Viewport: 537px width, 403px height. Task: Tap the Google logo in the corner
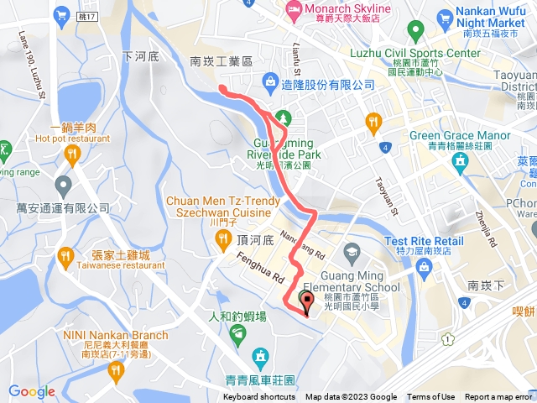tap(31, 391)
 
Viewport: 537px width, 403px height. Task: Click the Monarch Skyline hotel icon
tap(294, 10)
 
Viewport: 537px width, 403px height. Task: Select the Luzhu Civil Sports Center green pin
tap(414, 32)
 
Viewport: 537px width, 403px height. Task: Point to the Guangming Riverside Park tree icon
tap(284, 117)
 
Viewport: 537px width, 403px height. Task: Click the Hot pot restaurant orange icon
tap(71, 154)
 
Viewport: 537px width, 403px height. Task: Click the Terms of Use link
tap(430, 397)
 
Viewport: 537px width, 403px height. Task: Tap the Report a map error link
tap(500, 397)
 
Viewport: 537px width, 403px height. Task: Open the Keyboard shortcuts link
tap(259, 397)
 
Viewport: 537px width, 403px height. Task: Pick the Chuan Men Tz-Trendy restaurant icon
tap(223, 239)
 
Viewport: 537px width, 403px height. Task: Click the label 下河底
tap(140, 57)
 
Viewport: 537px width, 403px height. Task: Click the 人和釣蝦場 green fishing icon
tap(237, 334)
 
